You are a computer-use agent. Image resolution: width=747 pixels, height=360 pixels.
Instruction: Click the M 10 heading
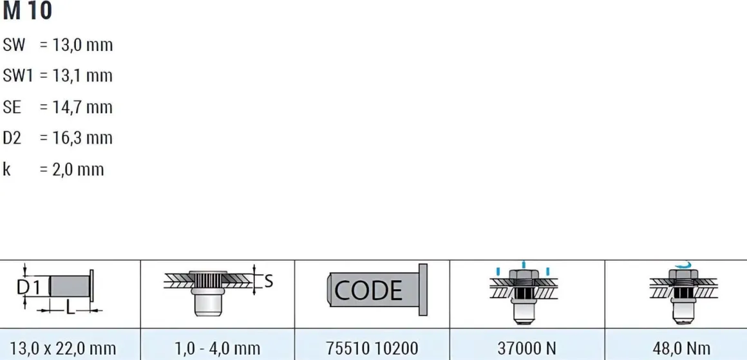(x=27, y=11)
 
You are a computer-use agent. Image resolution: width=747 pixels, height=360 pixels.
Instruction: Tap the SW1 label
(x=17, y=76)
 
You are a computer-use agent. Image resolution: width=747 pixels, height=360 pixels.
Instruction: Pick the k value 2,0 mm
(x=78, y=169)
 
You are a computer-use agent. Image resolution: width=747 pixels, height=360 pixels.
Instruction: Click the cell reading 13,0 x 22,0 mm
(x=63, y=348)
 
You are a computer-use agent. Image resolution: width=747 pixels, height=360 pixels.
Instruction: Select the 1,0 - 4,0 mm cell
(x=217, y=348)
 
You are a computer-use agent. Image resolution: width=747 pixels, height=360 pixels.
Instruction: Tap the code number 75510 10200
(x=372, y=348)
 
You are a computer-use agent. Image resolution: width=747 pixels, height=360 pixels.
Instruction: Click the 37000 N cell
(x=527, y=348)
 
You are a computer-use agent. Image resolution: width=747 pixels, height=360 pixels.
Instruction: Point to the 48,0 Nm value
(x=681, y=348)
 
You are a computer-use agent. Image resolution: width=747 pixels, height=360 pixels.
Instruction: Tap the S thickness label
(x=269, y=282)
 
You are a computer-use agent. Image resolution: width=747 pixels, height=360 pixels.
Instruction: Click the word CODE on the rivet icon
(x=369, y=290)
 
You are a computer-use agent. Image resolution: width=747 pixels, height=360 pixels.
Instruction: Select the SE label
(x=12, y=107)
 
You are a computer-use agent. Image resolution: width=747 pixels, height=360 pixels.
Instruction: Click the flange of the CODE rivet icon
(x=423, y=290)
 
